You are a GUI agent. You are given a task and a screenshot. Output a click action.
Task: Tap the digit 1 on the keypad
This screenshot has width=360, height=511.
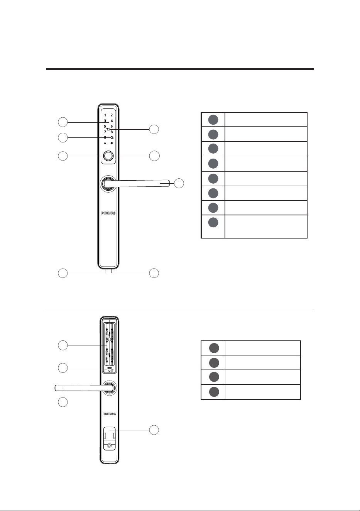pos(105,115)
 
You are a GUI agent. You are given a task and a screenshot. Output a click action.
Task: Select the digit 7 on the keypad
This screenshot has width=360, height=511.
pos(105,132)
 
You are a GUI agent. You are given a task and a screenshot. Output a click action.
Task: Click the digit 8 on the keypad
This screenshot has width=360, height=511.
pos(112,132)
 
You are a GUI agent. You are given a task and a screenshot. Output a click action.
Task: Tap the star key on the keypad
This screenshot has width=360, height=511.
pos(105,143)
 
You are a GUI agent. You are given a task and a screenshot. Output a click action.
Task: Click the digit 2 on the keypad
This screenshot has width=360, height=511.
pos(112,115)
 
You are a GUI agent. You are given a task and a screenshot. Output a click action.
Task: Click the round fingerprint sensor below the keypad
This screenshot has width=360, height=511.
pos(108,156)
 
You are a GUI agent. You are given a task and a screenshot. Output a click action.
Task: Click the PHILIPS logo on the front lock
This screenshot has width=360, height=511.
pos(108,213)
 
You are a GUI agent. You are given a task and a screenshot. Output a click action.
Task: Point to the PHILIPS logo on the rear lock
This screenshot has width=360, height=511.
pos(110,414)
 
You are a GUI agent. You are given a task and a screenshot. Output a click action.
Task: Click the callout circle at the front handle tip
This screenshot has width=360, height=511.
pos(179,183)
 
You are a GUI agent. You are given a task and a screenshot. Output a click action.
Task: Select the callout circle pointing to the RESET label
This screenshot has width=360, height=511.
pos(63,368)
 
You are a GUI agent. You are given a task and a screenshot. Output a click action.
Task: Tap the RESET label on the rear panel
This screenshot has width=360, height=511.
pos(110,368)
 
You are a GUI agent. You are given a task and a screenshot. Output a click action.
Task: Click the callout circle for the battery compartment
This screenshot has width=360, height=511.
pos(63,345)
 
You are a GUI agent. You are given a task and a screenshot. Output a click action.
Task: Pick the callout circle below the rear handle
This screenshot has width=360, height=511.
pos(63,402)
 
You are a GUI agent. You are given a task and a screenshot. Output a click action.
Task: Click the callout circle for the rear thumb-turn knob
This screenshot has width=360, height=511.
pos(154,430)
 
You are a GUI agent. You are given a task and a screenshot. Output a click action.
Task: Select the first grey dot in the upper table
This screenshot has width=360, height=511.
pos(213,120)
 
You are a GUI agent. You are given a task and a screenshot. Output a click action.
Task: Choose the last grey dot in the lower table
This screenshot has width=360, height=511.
pos(214,392)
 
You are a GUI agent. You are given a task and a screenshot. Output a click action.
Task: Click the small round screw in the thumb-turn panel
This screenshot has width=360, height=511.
pos(110,445)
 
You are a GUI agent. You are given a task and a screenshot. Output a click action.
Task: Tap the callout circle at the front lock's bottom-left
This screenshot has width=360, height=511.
pos(63,273)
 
